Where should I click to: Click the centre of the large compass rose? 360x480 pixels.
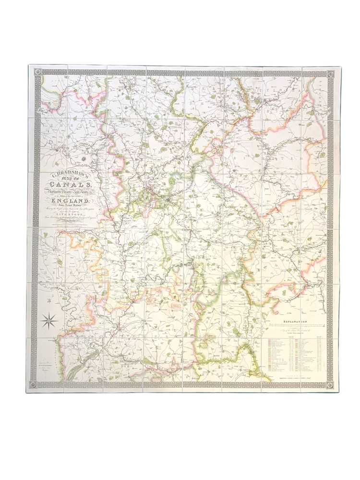point(50,318)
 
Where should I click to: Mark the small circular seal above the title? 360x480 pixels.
point(84,158)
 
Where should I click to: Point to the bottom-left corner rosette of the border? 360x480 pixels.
point(33,384)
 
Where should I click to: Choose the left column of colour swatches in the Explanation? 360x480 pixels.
point(270,355)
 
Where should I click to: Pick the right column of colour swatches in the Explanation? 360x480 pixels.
point(299,355)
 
